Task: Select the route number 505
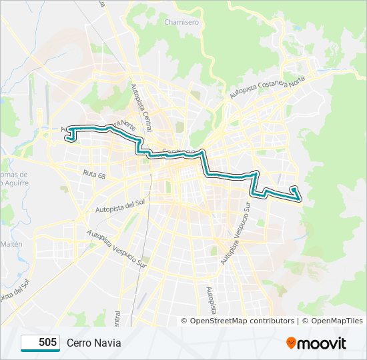[x=47, y=343]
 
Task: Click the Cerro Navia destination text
[x=94, y=343]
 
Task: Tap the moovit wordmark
[x=323, y=343]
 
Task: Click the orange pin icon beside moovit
[x=292, y=343]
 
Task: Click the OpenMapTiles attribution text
[x=336, y=321]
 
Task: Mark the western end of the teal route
[x=67, y=139]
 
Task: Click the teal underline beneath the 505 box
[x=40, y=351]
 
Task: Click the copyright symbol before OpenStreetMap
[x=185, y=321]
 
